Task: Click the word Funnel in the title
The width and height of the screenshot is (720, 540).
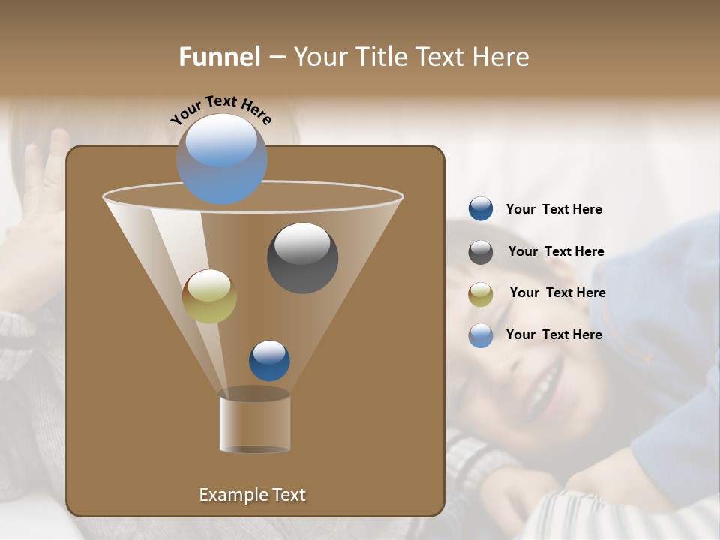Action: point(219,57)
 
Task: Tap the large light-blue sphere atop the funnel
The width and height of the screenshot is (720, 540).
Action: point(221,159)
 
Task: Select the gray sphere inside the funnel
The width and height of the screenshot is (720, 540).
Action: point(302,258)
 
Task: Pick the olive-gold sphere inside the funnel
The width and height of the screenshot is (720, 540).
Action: point(209,296)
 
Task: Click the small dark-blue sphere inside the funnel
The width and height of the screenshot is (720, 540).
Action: point(269,361)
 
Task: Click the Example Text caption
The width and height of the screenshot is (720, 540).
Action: point(252,495)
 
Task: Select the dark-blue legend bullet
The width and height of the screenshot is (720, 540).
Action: point(481,209)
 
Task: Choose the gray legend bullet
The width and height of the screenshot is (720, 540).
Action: point(481,252)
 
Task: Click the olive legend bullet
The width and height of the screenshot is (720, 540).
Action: point(481,294)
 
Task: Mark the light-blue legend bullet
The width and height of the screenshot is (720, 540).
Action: point(481,335)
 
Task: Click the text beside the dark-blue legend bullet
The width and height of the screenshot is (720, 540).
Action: point(553,210)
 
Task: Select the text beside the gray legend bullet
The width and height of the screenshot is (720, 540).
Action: point(556,251)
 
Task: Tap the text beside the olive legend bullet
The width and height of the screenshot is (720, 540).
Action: point(557,292)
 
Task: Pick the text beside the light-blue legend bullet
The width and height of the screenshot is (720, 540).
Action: point(553,334)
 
